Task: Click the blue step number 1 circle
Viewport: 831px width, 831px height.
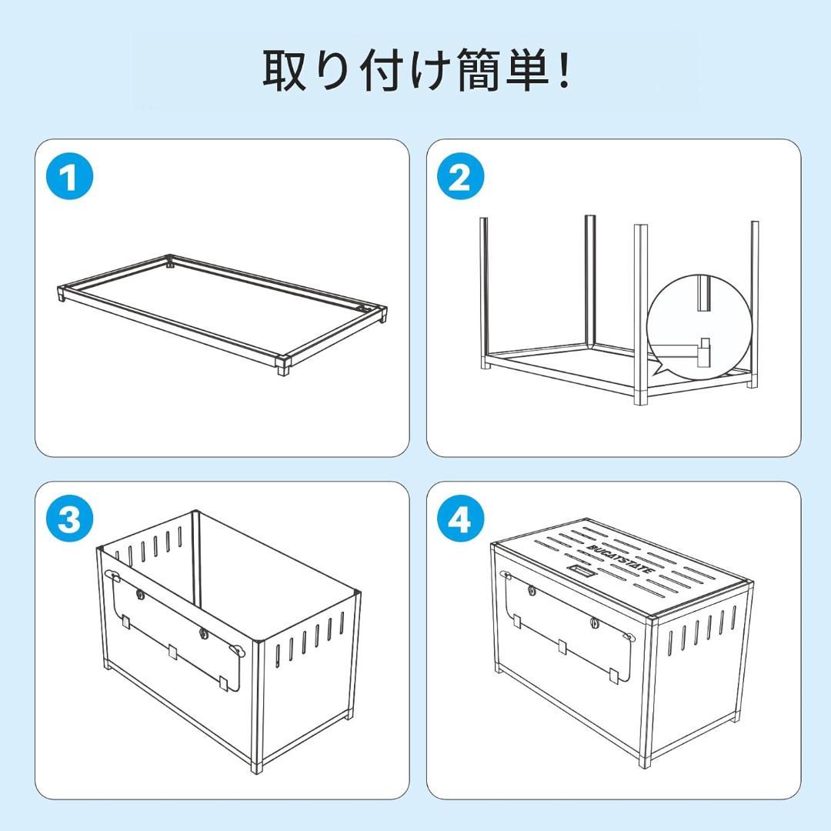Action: tap(70, 178)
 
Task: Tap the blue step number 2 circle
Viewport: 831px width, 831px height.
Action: tap(460, 178)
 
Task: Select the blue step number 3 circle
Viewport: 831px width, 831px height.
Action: tap(70, 520)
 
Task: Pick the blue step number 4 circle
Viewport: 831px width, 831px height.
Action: tap(460, 520)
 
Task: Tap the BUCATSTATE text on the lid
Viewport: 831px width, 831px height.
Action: tap(620, 557)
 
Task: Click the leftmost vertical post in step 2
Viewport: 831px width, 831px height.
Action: tap(485, 292)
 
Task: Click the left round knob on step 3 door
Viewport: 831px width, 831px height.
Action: tap(140, 594)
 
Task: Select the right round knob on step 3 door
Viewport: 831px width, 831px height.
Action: tap(204, 633)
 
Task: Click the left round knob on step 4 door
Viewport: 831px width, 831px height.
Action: tap(532, 591)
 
